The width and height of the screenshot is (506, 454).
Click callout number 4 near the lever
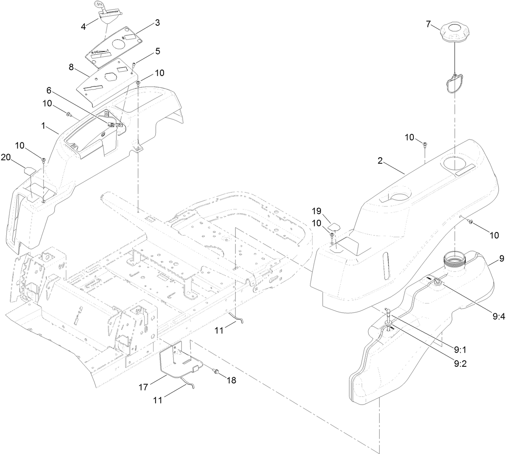coord(83,27)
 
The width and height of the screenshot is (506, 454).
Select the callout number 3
coord(157,23)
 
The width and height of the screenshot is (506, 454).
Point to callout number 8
coord(71,67)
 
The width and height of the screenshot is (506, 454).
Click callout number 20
coord(6,158)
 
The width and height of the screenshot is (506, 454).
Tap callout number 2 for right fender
coord(379,161)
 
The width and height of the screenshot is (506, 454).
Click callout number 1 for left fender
coord(43,125)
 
